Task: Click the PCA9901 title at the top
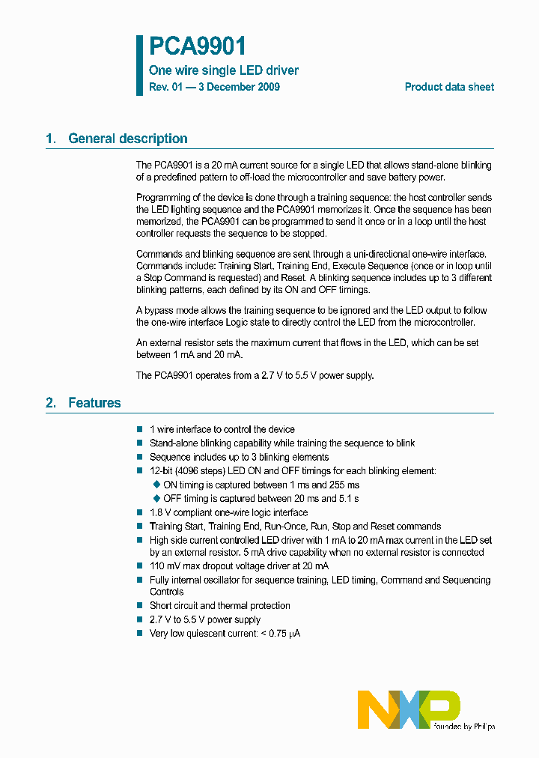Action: (x=198, y=47)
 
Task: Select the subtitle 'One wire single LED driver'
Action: (x=224, y=70)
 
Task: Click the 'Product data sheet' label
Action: (x=449, y=87)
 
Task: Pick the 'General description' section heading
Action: (x=127, y=139)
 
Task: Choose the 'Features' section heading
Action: (x=94, y=403)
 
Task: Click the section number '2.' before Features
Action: (x=51, y=403)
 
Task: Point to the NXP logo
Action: (x=409, y=709)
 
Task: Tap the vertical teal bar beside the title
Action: (x=139, y=65)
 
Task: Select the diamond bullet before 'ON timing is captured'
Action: (x=156, y=485)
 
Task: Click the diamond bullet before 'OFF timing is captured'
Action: (x=156, y=498)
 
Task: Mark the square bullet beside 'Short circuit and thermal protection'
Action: (x=140, y=605)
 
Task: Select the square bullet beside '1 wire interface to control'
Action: (x=140, y=429)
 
